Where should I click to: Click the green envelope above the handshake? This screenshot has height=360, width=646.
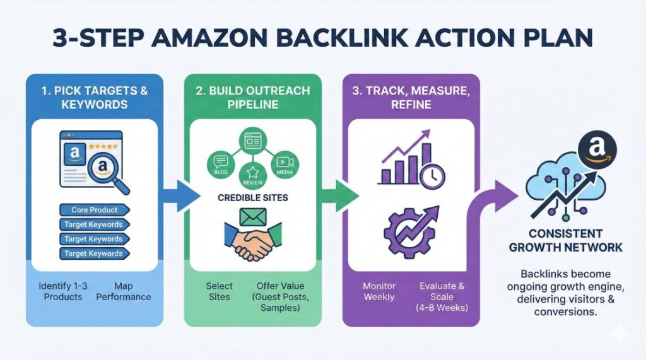click(252, 216)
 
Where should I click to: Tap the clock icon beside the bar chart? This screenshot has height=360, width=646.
click(433, 175)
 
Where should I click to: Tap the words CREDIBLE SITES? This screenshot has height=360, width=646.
click(252, 198)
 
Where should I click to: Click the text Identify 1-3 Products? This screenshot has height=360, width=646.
click(63, 291)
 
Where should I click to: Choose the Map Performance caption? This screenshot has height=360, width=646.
click(124, 291)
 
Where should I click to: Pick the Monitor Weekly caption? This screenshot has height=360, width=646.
click(379, 291)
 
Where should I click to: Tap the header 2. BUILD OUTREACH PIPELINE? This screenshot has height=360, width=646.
click(252, 97)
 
